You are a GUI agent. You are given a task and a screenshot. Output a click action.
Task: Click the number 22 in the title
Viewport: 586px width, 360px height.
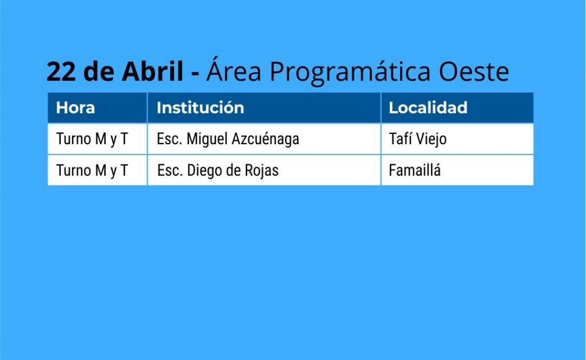pos(61,72)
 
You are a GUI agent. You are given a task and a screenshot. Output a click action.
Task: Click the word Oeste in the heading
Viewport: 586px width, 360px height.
pos(474,71)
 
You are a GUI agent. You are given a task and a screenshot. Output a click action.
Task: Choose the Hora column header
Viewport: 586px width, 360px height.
pos(75,108)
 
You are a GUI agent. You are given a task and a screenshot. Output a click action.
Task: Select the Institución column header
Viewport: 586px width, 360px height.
pos(200,108)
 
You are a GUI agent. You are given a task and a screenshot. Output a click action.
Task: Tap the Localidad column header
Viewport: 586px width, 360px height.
pos(428,108)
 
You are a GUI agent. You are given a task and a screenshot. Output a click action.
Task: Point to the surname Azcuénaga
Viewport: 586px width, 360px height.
pos(266,139)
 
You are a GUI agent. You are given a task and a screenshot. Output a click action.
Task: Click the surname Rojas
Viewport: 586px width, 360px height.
pos(262,171)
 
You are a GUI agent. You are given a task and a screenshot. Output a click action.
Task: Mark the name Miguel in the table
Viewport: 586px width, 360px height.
pos(207,139)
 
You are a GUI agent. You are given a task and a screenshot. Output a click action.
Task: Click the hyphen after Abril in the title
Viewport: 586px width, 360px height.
pos(195,73)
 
